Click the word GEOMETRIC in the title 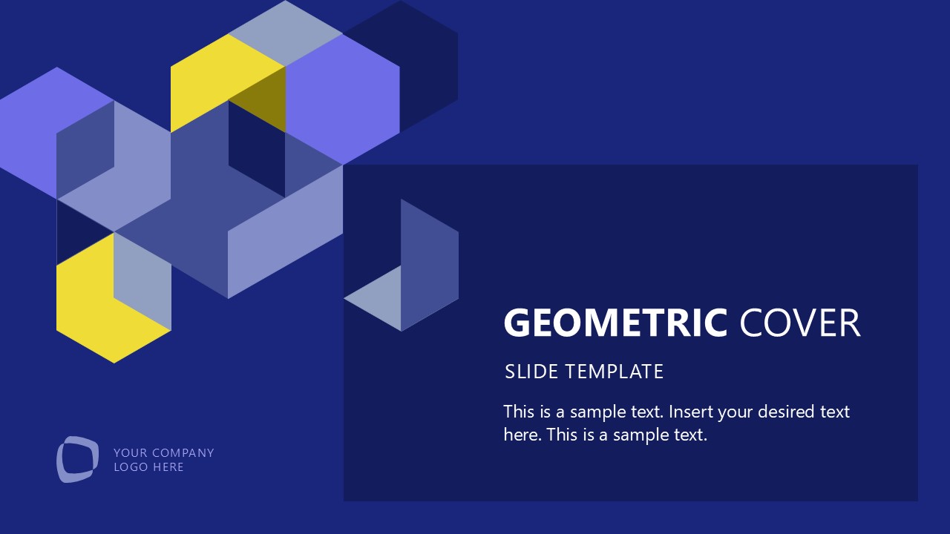click(x=615, y=323)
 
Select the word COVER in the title click(x=800, y=323)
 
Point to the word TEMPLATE click(x=614, y=372)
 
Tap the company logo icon click(x=77, y=459)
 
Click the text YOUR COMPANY click(x=163, y=452)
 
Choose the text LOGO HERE click(x=148, y=467)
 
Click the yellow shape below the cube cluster click(x=96, y=311)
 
